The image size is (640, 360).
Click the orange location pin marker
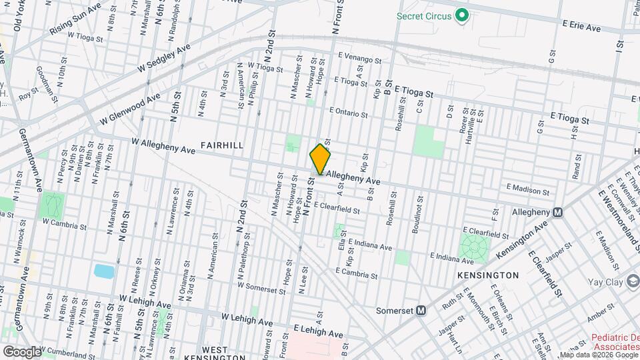point(321,159)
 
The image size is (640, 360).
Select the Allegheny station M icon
point(557,212)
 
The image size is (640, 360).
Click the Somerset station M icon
point(421,310)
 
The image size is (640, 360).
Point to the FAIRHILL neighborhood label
point(221,145)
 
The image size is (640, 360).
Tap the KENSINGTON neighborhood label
point(488,275)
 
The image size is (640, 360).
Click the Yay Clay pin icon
point(631,282)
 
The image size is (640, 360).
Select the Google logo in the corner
point(21,351)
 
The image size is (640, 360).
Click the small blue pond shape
point(104,271)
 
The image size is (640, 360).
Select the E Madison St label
point(528,191)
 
